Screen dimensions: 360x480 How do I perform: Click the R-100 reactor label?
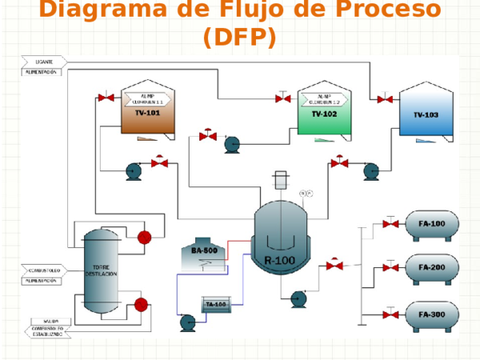coord(279,260)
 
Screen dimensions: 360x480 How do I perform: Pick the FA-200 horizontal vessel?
coord(432,268)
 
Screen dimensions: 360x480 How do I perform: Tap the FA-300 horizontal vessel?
coord(432,314)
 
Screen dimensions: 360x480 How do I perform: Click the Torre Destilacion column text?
coord(102,270)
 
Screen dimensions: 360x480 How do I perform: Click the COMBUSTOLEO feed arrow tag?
coord(41,270)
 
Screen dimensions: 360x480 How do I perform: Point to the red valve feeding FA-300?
coord(390,314)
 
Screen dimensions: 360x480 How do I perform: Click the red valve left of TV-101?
coord(105,98)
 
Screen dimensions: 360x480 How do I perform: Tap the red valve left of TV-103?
coord(385,99)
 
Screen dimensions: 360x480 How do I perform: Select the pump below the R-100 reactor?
coord(298,298)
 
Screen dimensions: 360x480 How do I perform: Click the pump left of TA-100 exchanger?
coord(188,322)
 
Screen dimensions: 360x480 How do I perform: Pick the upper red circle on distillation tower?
coord(145,237)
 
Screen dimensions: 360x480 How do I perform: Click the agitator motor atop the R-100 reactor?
coord(280,180)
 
